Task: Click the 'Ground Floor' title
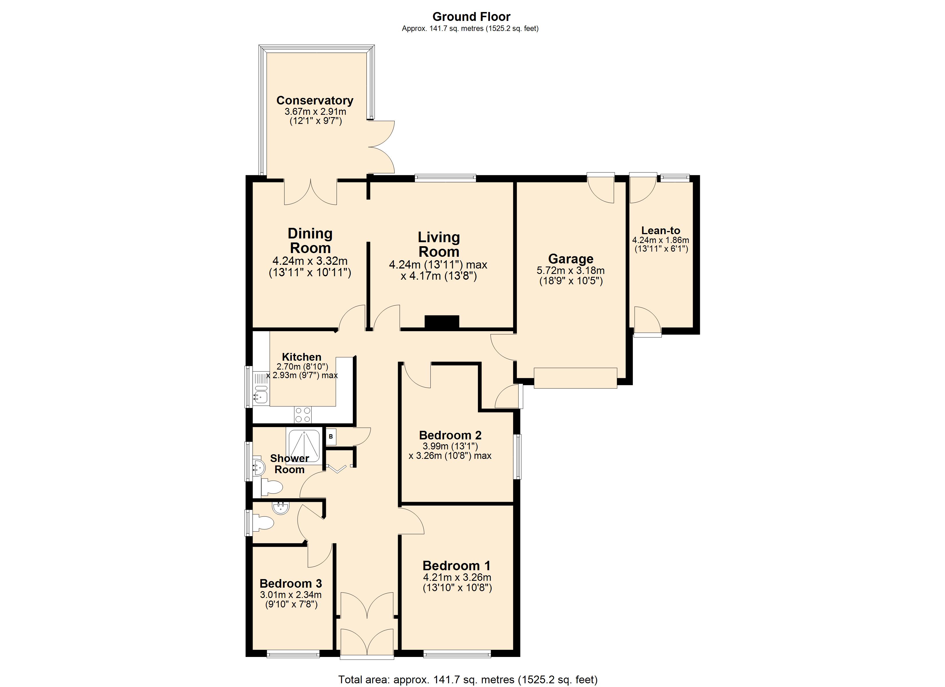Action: [471, 17]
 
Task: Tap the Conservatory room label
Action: [315, 100]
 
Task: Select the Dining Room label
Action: [310, 241]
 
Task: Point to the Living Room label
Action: [439, 244]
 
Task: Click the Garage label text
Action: [570, 259]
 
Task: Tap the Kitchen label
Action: [302, 357]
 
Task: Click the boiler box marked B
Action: [331, 437]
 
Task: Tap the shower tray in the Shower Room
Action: [304, 447]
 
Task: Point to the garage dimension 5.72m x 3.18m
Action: [570, 271]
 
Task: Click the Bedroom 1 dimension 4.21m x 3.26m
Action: [457, 577]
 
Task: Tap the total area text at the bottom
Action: [468, 680]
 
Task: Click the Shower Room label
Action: [289, 464]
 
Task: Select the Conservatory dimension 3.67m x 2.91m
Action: [315, 112]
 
